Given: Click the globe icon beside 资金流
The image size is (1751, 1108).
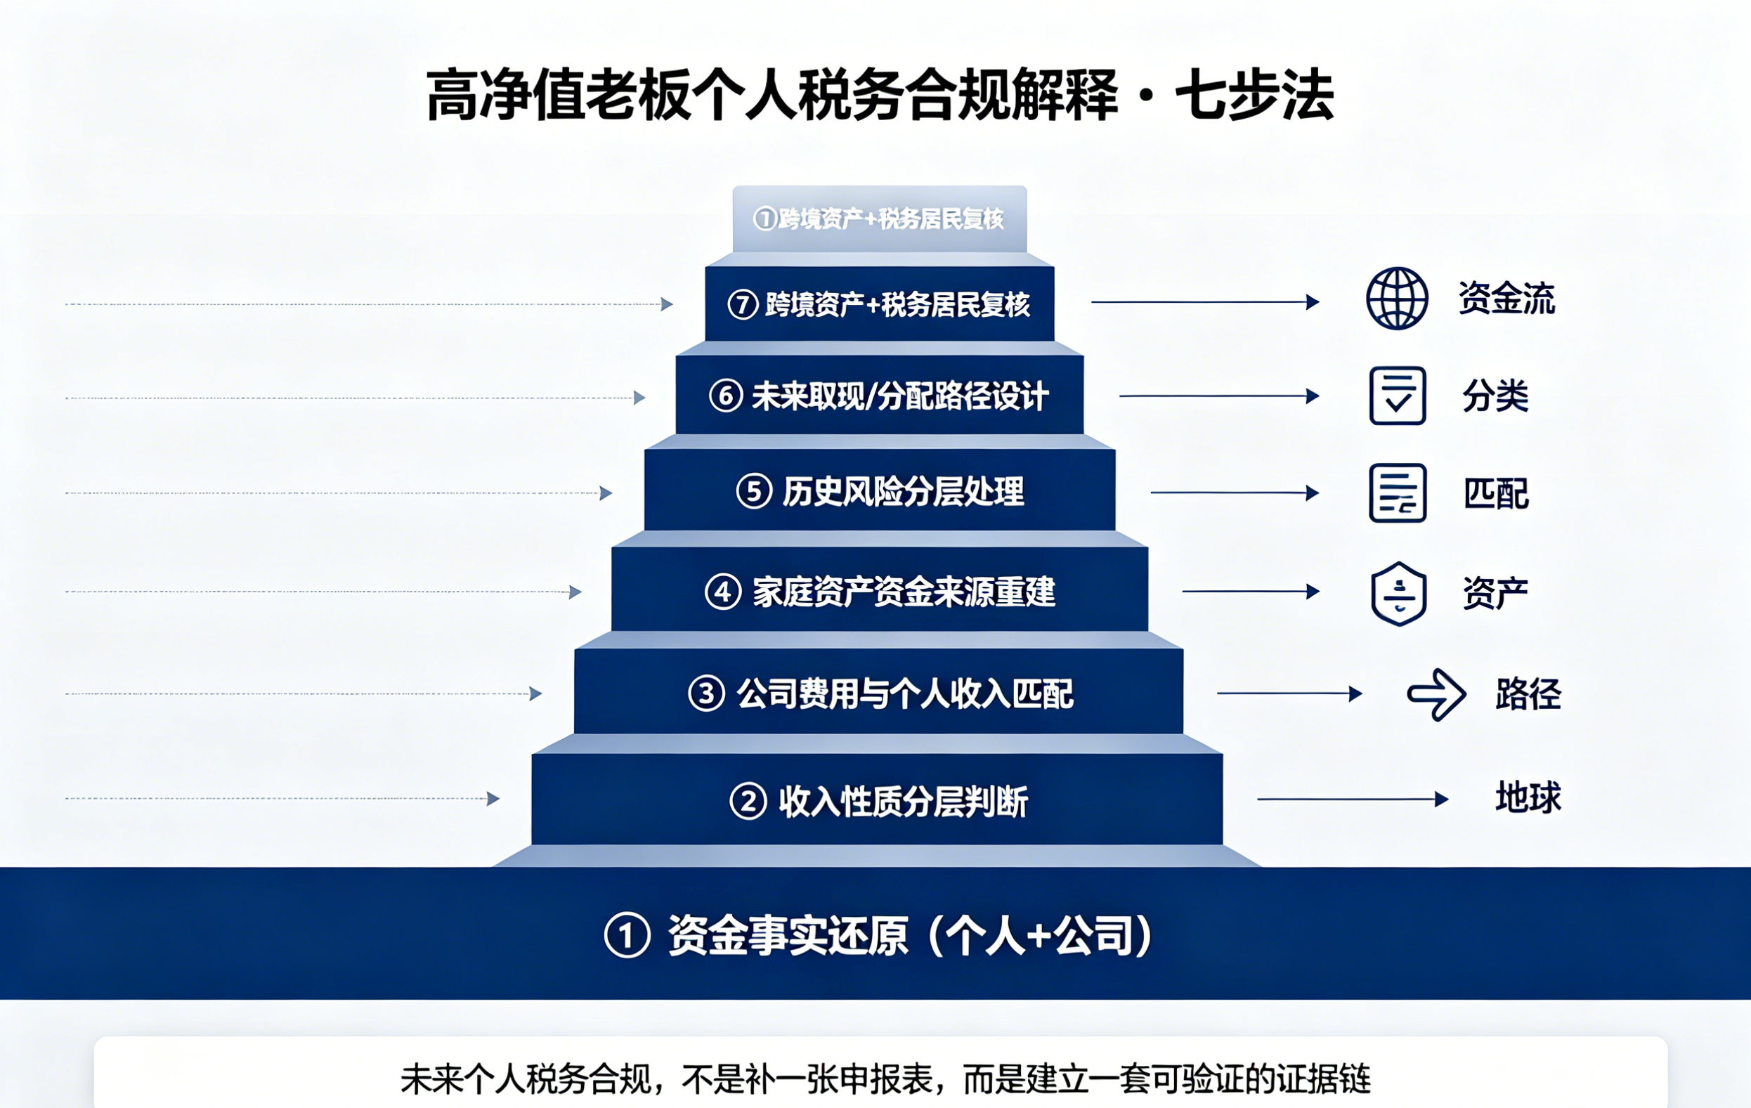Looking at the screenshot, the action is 1397,299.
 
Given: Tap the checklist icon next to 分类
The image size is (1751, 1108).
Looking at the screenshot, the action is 1398,396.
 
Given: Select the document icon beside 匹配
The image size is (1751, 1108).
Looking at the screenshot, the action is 1398,493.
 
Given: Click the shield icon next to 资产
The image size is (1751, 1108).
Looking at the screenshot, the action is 1398,593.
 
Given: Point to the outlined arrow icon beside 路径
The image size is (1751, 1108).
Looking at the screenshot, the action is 1436,694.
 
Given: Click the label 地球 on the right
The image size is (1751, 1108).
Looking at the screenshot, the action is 1528,797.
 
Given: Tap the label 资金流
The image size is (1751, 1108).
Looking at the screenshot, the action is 1506,298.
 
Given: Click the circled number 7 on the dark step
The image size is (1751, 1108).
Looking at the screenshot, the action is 743,305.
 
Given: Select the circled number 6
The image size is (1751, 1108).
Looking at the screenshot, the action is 726,396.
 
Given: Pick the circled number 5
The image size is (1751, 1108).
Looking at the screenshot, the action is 754,492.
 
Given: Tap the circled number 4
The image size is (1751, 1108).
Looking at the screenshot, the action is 723,592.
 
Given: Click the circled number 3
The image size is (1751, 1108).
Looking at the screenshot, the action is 706,693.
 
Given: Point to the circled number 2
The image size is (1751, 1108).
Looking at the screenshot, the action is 748,801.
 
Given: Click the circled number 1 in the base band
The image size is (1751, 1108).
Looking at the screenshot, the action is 627,935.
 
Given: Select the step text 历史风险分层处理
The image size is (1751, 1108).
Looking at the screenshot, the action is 903,492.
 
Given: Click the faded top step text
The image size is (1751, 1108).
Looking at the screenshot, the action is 879,218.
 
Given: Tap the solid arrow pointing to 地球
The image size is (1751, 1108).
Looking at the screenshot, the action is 1353,799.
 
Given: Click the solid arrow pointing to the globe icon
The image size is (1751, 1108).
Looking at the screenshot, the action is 1205,301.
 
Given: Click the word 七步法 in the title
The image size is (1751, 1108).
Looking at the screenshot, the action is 1254,96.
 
